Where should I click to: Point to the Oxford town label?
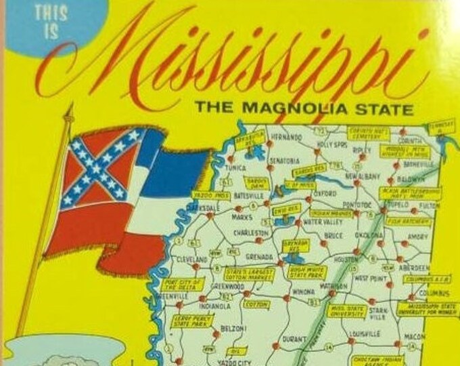pos(324,192)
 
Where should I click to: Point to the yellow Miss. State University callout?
pos(346,310)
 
